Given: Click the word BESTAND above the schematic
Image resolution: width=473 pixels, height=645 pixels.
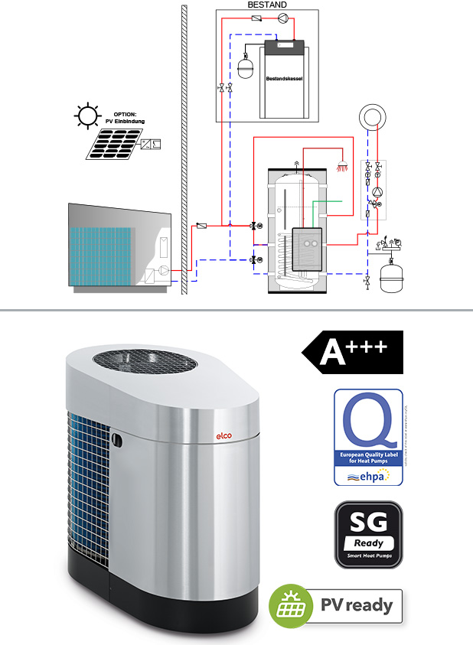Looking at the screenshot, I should tap(267, 5).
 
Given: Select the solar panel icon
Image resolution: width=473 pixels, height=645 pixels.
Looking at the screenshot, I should tap(113, 143).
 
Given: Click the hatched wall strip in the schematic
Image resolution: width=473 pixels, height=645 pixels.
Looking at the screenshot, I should tap(184, 145).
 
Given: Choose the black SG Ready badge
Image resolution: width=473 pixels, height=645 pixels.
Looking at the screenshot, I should tap(368, 534).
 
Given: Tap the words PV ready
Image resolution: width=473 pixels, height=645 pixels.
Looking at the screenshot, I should tap(357, 606).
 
